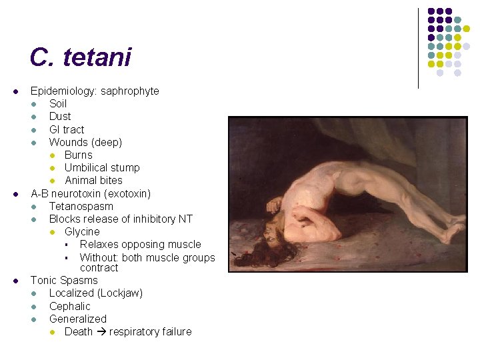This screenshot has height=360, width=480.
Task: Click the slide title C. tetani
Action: coord(80,58)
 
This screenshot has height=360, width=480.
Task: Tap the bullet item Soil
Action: coord(58,104)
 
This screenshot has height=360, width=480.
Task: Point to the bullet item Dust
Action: coord(60,117)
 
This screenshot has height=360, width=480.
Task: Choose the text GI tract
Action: coord(67,129)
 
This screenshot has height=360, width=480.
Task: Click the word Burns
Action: coord(79,155)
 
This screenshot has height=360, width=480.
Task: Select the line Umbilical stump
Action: coord(102,167)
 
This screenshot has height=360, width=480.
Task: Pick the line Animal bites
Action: coord(93,180)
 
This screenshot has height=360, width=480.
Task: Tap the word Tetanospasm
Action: coord(81,206)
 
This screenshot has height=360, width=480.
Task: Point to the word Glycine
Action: coord(82,231)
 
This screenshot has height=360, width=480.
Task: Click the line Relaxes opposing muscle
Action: coord(140,244)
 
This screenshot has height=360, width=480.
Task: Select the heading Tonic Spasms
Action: coord(64,281)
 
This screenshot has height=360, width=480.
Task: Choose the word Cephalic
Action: coord(70,306)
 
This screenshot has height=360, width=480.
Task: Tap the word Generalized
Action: coord(78,319)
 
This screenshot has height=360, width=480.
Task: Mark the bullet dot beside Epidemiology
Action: coord(15,91)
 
